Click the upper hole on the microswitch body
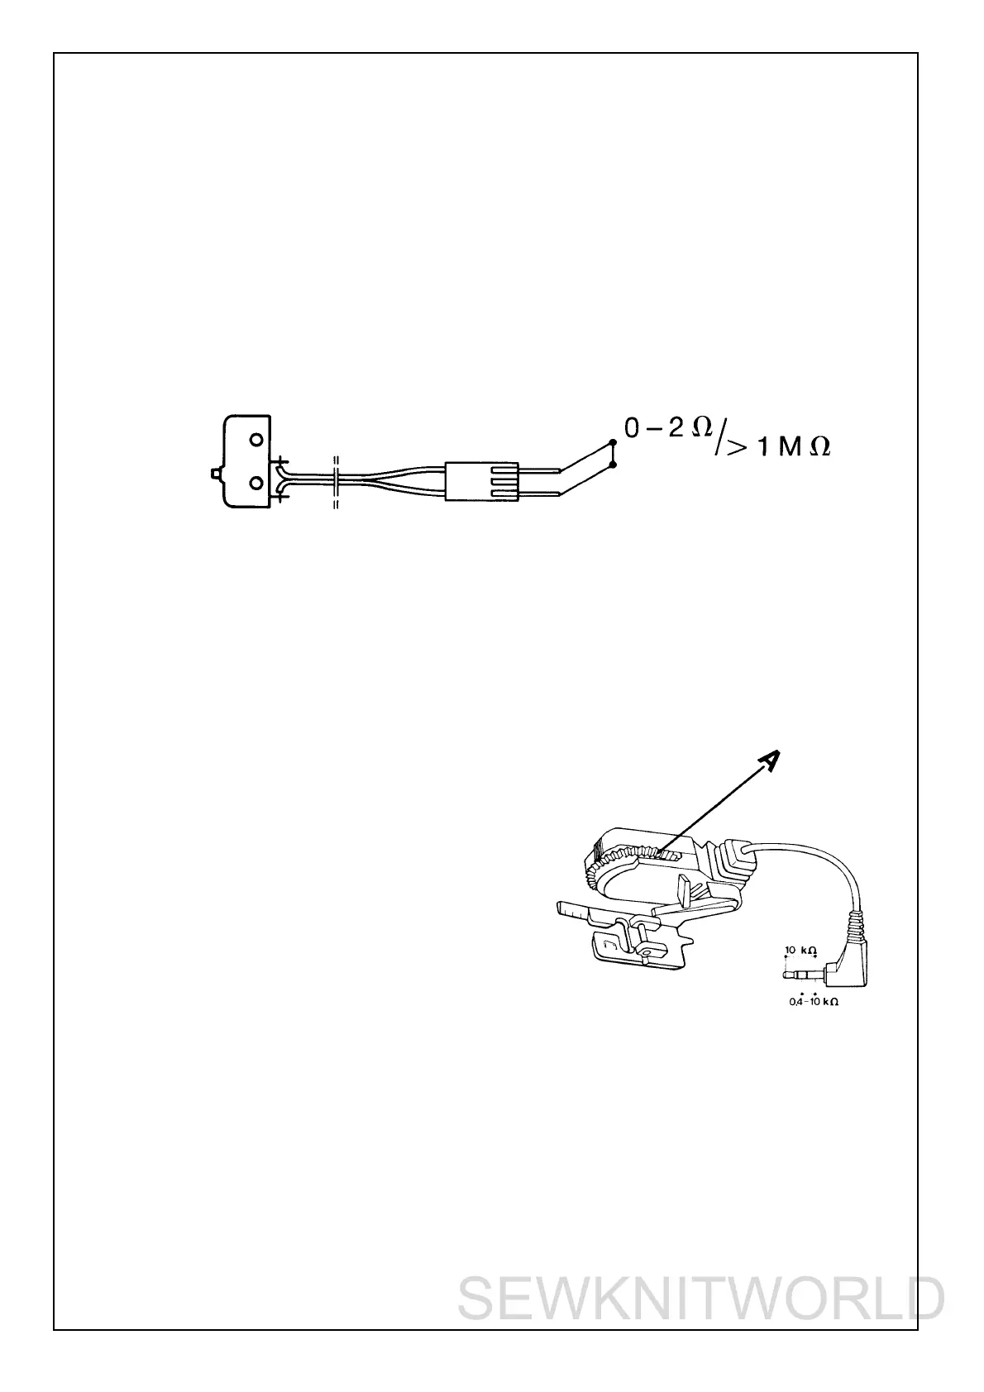(x=256, y=440)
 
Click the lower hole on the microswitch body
(x=256, y=481)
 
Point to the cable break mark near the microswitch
(x=336, y=481)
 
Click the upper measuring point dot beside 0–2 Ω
(x=611, y=442)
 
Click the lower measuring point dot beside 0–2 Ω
(x=611, y=465)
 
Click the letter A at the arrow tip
(x=769, y=760)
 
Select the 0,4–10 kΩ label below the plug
(x=814, y=1002)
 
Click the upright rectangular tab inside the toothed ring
(x=685, y=892)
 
